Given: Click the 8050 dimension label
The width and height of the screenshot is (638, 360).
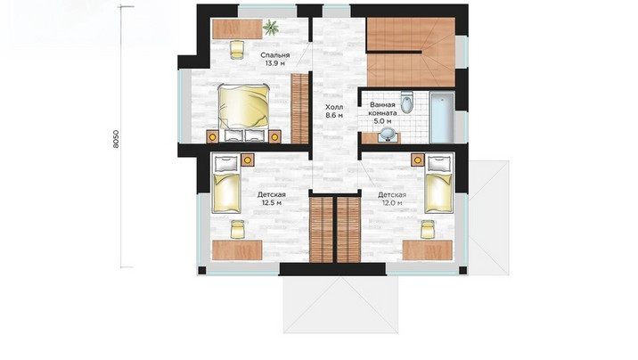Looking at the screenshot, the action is [x=116, y=139].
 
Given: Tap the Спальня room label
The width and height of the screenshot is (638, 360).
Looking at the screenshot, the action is [x=275, y=55].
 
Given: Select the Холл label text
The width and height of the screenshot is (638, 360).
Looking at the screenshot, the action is [x=334, y=107].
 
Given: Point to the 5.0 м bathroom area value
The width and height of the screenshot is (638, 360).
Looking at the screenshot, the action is [x=382, y=121].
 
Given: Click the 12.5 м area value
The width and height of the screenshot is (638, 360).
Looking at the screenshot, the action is [x=272, y=202].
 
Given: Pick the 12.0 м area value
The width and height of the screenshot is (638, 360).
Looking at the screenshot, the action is [x=392, y=202].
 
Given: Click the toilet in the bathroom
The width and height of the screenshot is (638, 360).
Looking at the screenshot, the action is [x=406, y=102].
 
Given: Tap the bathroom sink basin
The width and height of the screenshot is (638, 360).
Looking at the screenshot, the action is [x=387, y=135].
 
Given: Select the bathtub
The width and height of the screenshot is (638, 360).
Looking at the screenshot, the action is [x=442, y=118].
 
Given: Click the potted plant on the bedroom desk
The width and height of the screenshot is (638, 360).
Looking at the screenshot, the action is [x=271, y=28].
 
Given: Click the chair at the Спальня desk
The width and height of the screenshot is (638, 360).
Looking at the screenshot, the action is [x=237, y=49].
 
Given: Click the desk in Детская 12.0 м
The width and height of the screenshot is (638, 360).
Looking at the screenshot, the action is [x=427, y=250].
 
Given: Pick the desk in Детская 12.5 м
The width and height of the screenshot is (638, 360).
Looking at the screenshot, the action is [x=237, y=250].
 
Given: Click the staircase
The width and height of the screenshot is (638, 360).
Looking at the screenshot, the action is [x=411, y=52].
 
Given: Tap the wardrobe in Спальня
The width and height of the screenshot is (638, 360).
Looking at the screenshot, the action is [x=300, y=109].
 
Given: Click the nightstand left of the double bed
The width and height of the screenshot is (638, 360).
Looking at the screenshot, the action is [x=212, y=136].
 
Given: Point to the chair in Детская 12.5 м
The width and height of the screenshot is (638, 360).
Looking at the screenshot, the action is [x=237, y=229].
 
